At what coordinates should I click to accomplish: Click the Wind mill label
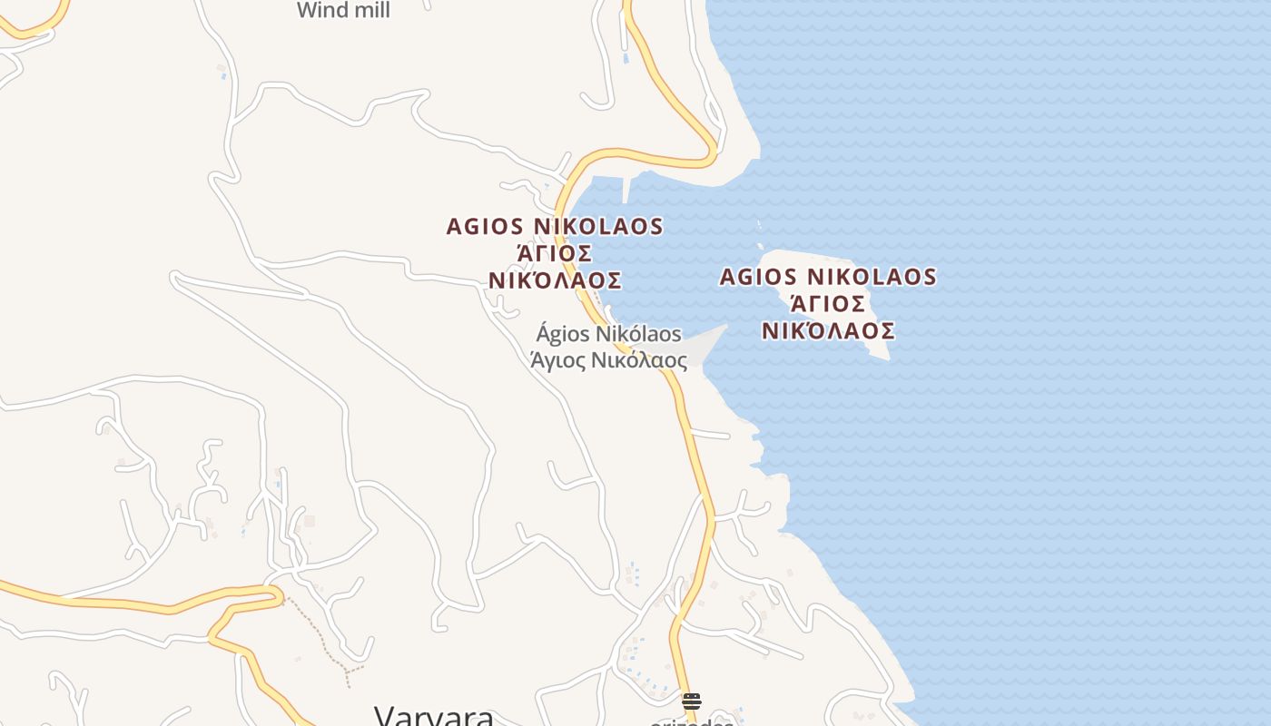pos(343,11)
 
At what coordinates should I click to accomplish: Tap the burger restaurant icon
pos(692,701)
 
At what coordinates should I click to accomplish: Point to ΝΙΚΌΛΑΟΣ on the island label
pos(828,331)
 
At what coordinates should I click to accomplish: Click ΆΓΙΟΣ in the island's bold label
pos(827,304)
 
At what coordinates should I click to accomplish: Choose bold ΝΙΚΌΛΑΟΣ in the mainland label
pos(555,280)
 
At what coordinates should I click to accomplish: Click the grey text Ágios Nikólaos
pos(608,335)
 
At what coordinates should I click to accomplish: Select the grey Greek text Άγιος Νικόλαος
pos(608,360)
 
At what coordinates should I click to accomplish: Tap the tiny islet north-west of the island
pos(760,243)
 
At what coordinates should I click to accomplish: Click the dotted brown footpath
pos(318,635)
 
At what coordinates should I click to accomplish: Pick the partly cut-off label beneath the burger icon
pos(692,722)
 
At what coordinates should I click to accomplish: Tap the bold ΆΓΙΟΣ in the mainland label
pos(555,253)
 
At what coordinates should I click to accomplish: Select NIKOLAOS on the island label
pos(871,277)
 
